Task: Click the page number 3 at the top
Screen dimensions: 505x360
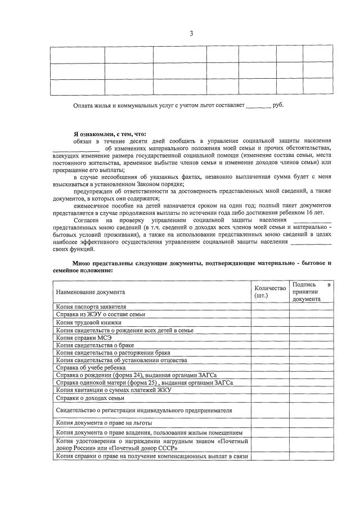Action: click(191, 34)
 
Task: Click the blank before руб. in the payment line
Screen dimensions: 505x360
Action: click(258, 106)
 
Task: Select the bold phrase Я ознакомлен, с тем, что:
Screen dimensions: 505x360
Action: click(109, 134)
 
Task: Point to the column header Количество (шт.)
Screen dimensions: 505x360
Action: click(270, 292)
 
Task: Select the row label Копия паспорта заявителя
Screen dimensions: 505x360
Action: click(87, 306)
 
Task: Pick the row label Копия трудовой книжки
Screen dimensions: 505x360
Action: click(84, 322)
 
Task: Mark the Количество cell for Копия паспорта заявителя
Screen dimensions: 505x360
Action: click(270, 306)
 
